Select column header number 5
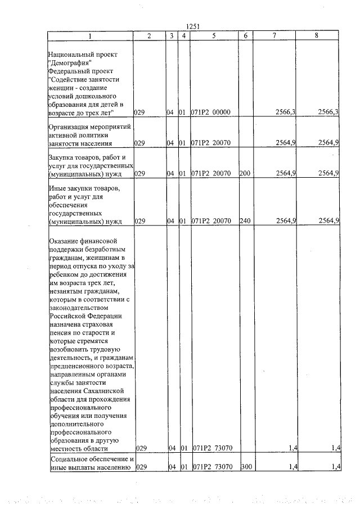(214, 35)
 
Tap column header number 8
(317, 35)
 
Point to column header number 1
(89, 35)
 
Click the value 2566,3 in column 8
(328, 112)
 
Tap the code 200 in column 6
(244, 173)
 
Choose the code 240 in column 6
(244, 221)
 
